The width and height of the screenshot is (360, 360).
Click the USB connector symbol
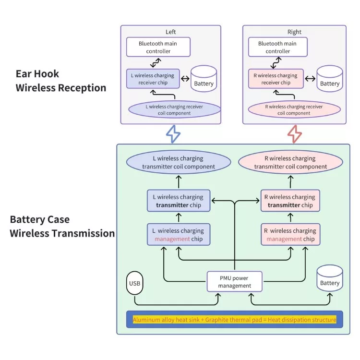click(x=134, y=283)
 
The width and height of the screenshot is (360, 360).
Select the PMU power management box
click(x=235, y=281)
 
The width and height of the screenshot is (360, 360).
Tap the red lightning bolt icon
click(x=295, y=134)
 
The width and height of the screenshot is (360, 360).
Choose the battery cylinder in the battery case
click(x=330, y=279)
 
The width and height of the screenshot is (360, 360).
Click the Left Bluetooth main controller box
click(x=158, y=47)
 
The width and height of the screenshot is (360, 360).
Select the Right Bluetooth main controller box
click(x=277, y=47)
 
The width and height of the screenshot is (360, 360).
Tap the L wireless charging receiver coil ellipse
click(x=175, y=109)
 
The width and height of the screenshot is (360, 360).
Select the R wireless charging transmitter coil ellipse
click(x=290, y=162)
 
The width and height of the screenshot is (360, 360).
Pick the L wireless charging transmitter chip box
click(x=178, y=201)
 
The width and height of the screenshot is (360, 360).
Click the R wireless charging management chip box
click(x=289, y=234)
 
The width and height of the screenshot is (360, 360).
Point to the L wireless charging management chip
click(x=178, y=234)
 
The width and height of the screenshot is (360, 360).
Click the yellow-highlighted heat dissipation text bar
click(x=234, y=319)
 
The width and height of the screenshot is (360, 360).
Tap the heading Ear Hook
click(x=37, y=74)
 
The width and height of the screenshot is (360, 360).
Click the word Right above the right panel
click(x=294, y=32)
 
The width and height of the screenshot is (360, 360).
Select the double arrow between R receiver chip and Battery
click(x=311, y=79)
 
